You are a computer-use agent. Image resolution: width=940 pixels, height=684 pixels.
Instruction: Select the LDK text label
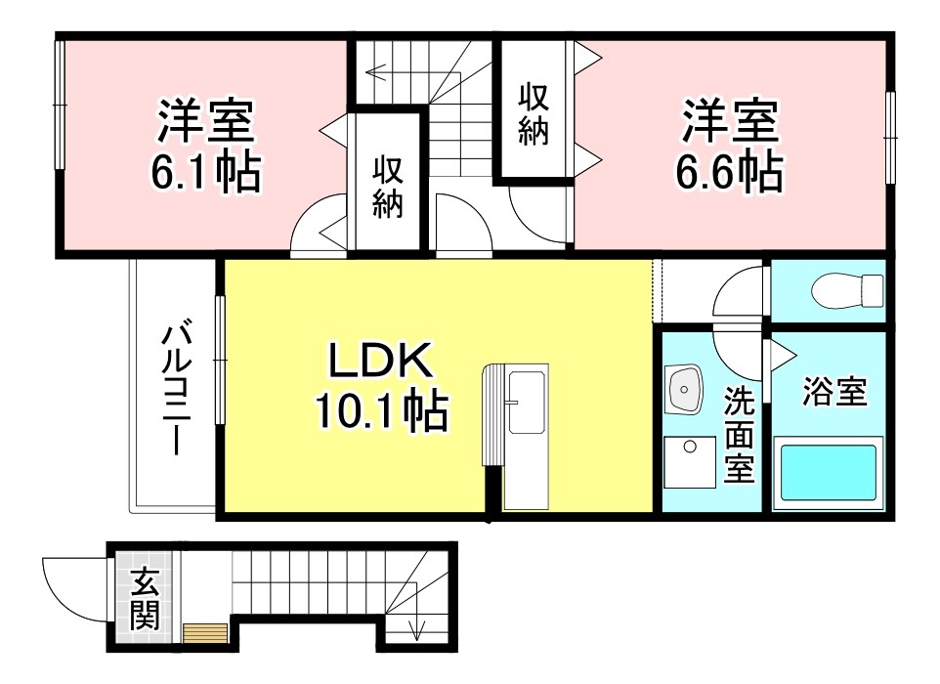click(x=379, y=363)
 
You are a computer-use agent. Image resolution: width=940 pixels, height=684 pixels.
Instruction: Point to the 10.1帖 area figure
click(x=381, y=411)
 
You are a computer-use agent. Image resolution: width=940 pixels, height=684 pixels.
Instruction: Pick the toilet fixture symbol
click(x=849, y=290)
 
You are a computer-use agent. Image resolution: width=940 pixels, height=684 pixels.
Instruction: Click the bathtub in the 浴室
click(x=828, y=473)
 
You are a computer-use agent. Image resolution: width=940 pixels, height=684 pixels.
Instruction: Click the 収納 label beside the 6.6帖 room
click(x=534, y=113)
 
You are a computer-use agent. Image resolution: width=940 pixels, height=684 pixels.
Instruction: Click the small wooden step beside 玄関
click(x=205, y=633)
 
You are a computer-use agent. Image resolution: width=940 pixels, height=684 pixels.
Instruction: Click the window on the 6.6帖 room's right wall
click(x=890, y=136)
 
